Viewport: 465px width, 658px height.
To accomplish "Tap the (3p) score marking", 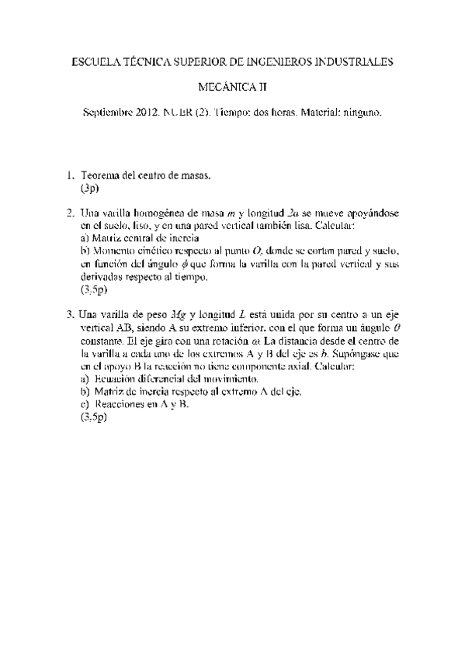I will point(91,189).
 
